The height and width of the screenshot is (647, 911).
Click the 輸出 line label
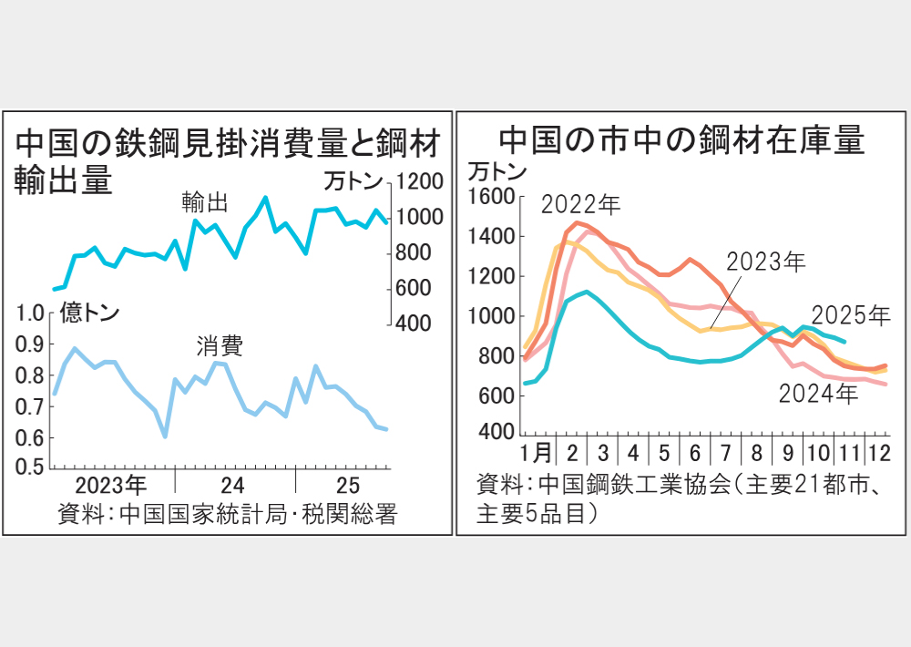(204, 201)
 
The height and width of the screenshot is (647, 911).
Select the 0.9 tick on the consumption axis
(31, 344)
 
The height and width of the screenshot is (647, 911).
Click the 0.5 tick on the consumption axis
(31, 468)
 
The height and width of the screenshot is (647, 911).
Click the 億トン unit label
(89, 313)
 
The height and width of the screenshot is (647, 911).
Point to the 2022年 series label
(580, 204)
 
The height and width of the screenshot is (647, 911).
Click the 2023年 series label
(766, 262)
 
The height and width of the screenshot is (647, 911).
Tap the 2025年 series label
(850, 315)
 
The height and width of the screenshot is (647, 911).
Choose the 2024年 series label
(817, 394)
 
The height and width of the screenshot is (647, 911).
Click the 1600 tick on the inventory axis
(492, 196)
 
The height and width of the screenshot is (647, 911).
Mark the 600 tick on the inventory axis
(496, 395)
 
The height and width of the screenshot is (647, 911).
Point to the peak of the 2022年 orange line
(577, 222)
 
